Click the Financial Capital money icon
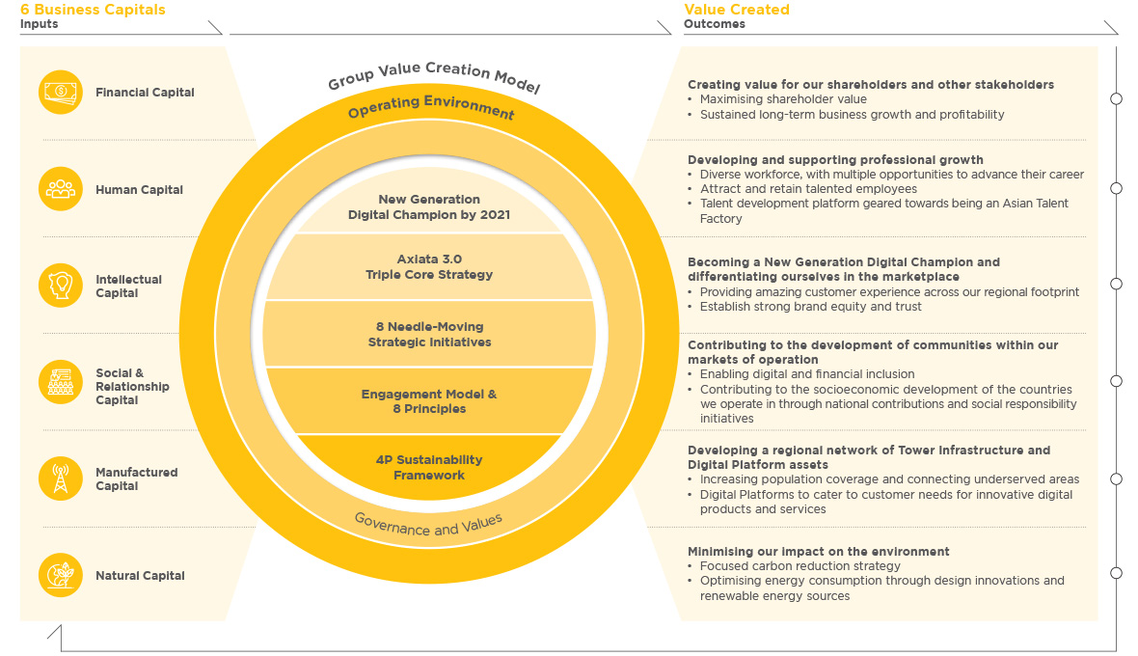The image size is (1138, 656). [60, 93]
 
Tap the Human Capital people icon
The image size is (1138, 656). [60, 189]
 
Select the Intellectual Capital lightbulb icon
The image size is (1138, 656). [60, 286]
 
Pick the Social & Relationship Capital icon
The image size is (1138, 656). [60, 382]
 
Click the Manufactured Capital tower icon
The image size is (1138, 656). [60, 478]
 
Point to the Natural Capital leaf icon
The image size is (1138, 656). [60, 575]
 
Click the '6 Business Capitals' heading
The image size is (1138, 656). [93, 10]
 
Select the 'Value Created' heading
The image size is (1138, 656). [737, 10]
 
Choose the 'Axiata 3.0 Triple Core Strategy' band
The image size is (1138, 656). [429, 267]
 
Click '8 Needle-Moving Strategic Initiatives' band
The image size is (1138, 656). [429, 334]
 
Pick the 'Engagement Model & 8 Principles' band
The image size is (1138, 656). [429, 401]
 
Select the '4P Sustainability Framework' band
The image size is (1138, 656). [429, 466]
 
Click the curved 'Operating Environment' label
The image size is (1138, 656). [431, 106]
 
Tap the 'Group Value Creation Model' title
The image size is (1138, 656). [434, 76]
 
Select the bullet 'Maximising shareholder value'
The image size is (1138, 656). [777, 99]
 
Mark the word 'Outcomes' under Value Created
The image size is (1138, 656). [715, 24]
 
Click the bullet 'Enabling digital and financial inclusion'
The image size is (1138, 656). [801, 374]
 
